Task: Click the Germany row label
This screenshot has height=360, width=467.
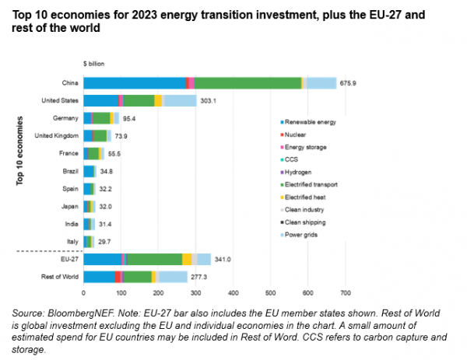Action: point(65,118)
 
